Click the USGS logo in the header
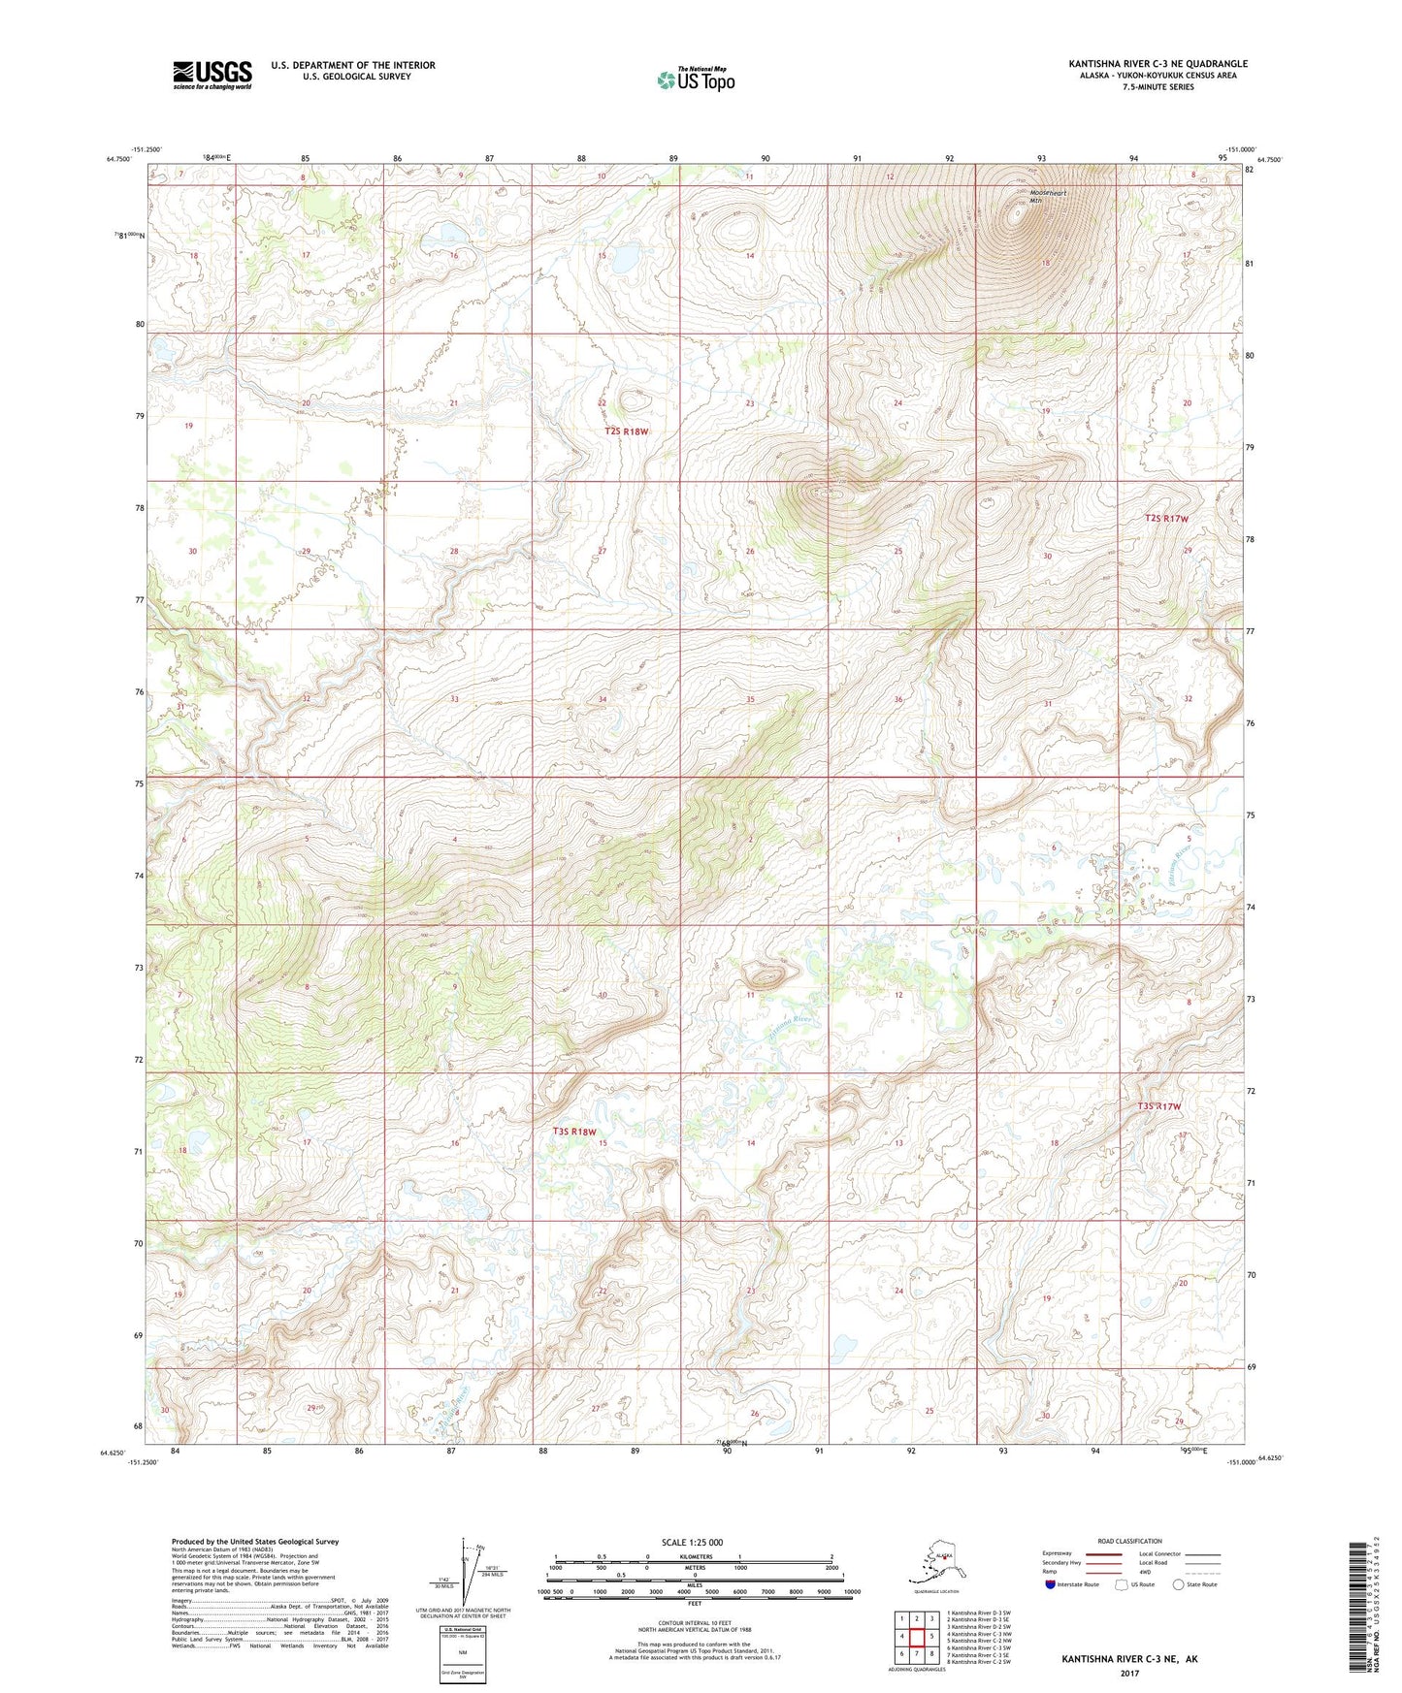tap(212, 74)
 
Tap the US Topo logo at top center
tap(695, 79)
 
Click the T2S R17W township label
tap(1165, 519)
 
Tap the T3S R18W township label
tap(574, 1132)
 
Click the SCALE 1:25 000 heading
tap(693, 1542)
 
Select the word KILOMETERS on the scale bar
tap(694, 1556)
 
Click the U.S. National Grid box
tap(463, 1648)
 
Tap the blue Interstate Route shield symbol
tap(1049, 1584)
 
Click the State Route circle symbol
tap(1179, 1584)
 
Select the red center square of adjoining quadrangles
tap(916, 1637)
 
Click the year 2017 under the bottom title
tap(1129, 1673)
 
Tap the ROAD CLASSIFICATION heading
tap(1129, 1541)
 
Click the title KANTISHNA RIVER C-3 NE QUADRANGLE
tap(1157, 64)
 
